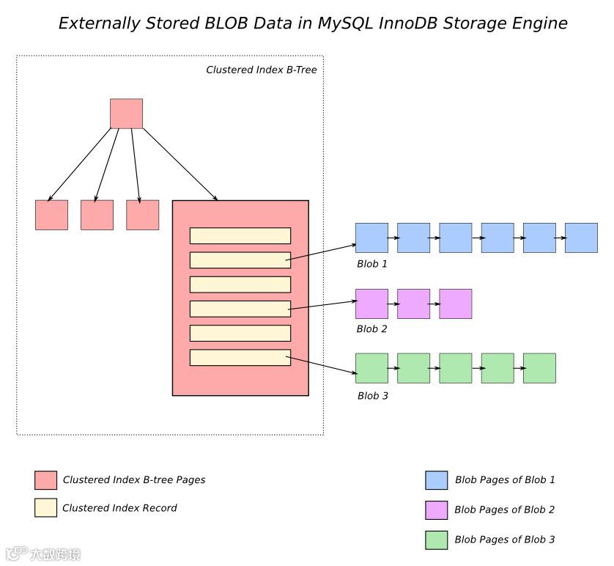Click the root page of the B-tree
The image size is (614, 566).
pos(126,114)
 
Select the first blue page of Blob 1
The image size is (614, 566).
pos(371,238)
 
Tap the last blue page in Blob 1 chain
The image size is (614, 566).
pos(581,238)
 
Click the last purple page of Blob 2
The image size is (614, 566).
pos(455,304)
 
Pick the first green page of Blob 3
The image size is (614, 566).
pos(371,368)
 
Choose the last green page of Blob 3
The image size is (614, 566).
pos(539,368)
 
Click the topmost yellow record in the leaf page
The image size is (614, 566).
pos(240,235)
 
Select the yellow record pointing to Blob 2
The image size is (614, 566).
pos(240,309)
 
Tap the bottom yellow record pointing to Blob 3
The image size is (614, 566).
pos(240,357)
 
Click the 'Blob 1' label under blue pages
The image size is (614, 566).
pos(371,263)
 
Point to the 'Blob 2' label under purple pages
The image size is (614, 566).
pos(371,328)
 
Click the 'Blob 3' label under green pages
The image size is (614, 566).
pos(372,396)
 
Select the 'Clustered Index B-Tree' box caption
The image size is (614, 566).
pos(261,70)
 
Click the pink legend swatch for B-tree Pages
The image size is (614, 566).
pos(45,480)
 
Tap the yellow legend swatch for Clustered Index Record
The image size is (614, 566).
pos(45,508)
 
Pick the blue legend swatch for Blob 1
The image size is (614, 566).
pos(436,480)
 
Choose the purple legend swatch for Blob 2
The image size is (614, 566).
pos(436,510)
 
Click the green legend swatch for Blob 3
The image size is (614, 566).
pos(436,540)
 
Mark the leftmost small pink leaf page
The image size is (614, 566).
pos(51,215)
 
